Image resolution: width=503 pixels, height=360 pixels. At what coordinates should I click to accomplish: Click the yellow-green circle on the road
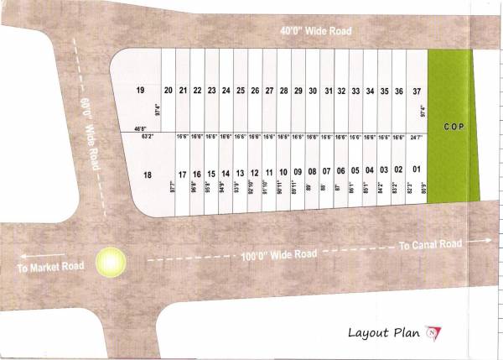tap(110, 262)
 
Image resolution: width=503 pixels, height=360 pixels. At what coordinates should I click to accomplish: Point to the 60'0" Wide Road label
tap(91, 134)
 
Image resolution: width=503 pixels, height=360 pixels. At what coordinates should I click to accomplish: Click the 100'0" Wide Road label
tap(278, 253)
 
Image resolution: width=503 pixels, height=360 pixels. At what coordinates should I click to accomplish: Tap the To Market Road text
tap(51, 266)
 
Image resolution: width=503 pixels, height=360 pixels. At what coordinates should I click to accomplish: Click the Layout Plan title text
tap(384, 332)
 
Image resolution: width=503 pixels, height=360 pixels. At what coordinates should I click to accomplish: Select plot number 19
tap(140, 90)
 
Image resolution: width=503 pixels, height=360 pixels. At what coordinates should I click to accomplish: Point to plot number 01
tap(417, 170)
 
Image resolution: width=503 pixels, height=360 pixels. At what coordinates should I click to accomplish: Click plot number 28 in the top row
tap(283, 90)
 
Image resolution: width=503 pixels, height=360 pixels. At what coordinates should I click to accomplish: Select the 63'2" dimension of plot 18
tap(149, 135)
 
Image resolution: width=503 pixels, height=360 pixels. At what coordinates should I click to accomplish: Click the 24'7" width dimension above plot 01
tap(417, 136)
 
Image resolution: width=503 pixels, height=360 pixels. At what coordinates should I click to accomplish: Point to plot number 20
tap(168, 90)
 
